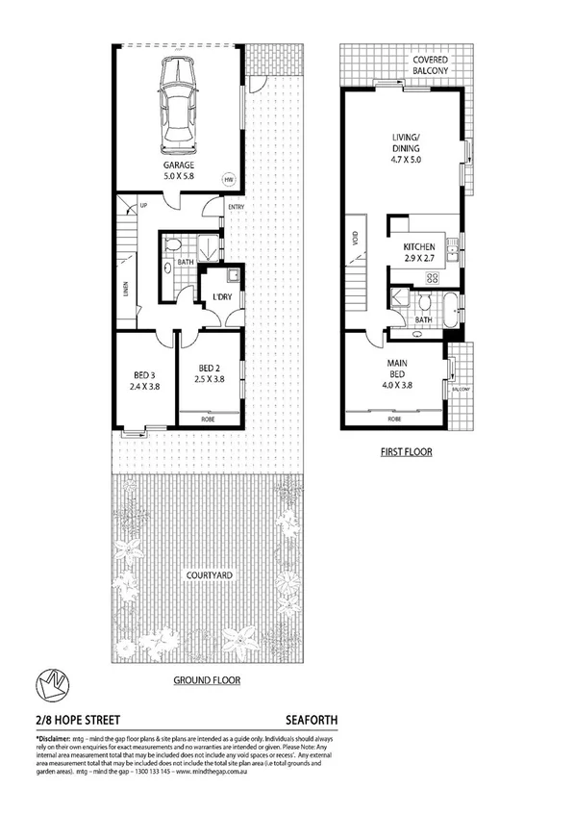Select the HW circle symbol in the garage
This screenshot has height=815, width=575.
coord(229,180)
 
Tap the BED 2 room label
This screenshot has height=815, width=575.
coord(211,368)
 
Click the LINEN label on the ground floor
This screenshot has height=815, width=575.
coord(127,288)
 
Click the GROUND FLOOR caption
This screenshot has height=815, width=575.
coord(207,679)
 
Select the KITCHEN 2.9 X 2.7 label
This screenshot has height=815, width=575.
coord(423,253)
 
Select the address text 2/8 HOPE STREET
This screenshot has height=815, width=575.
coord(69,718)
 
